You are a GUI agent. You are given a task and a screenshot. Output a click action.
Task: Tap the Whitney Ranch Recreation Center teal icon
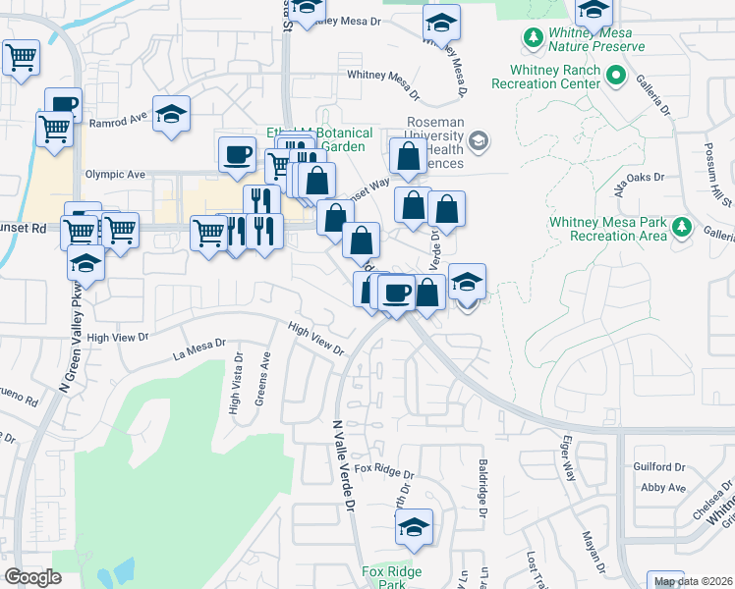coord(616,75)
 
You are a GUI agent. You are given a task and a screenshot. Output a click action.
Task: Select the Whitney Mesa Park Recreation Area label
coord(608,229)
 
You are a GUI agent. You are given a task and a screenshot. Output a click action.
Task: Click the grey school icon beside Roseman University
coord(478,140)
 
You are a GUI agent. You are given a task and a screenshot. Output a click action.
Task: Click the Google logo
coord(32,577)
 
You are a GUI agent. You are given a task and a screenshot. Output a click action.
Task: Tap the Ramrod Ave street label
coord(117,125)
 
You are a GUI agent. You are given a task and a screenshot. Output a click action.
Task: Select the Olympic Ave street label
coord(115,174)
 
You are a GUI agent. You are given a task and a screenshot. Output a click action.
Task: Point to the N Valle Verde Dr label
coord(343,464)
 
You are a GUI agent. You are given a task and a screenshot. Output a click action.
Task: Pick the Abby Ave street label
coord(662,487)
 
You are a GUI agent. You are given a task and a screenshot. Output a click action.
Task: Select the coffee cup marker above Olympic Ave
coord(237,154)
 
